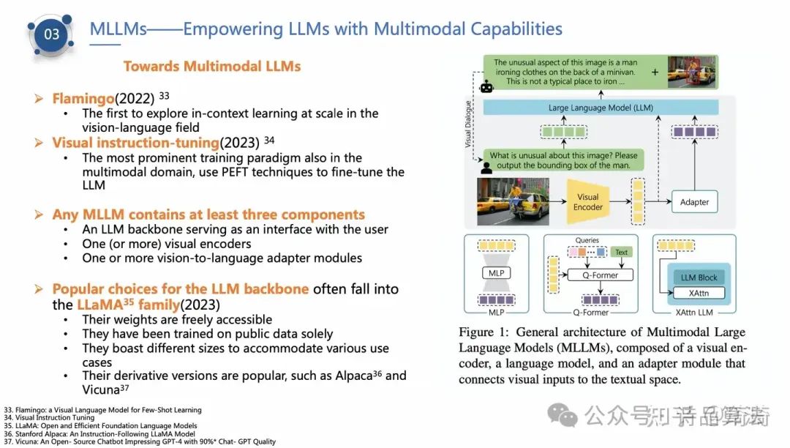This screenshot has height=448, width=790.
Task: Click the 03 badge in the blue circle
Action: tap(52, 34)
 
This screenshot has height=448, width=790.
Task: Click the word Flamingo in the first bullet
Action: tap(80, 99)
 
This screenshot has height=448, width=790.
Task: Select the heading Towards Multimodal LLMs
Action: tap(212, 67)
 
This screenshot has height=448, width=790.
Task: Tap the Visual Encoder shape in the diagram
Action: tap(587, 201)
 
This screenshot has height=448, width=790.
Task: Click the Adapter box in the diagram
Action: tap(694, 202)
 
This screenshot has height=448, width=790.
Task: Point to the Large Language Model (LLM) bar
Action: tap(601, 108)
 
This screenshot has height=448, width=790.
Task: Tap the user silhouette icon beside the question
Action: tap(484, 167)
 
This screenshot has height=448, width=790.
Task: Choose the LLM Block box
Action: tap(699, 277)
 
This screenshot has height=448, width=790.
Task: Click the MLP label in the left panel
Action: tap(496, 273)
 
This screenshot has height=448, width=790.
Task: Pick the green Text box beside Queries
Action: tap(621, 252)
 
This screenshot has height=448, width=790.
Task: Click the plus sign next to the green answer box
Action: tap(655, 72)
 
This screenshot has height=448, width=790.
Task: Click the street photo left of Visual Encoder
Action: tap(512, 201)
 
